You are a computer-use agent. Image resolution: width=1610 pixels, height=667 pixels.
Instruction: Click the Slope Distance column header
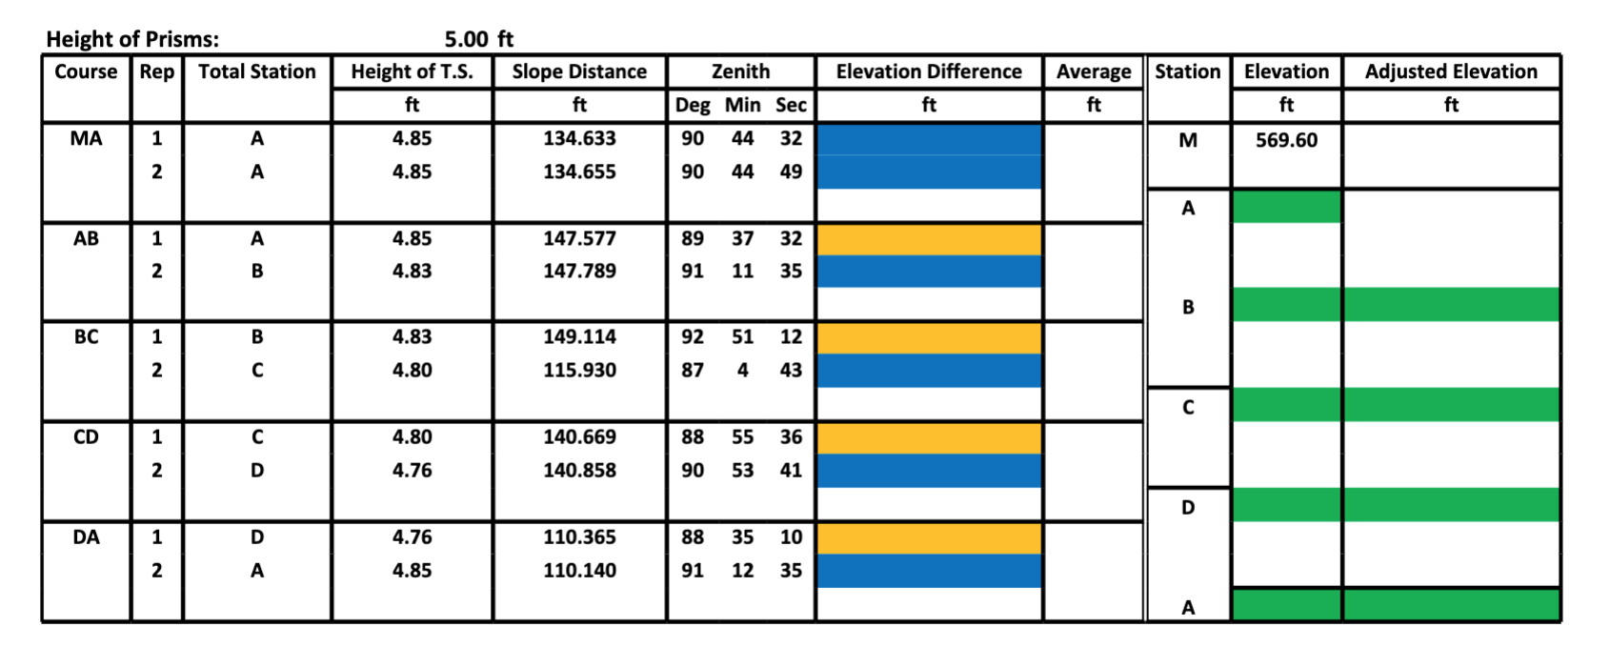579,72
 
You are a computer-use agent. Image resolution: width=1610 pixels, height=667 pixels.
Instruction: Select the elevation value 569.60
1286,140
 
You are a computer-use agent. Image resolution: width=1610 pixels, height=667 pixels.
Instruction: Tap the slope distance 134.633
579,138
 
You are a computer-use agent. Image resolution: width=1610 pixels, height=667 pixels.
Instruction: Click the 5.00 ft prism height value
478,39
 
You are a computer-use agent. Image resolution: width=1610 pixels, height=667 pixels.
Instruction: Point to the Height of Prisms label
132,39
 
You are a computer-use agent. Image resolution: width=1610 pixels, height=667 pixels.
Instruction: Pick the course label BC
86,337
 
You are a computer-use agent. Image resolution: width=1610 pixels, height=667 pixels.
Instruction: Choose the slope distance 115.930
579,370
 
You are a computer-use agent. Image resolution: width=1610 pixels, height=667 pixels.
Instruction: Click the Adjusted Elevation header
1450,72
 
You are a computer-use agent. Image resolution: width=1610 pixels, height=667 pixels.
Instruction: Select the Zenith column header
740,72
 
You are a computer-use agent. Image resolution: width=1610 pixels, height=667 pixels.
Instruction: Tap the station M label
1187,140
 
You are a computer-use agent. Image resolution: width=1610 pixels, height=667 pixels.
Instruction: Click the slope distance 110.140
579,570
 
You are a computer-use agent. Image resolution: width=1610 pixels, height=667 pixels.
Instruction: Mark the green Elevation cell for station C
1286,405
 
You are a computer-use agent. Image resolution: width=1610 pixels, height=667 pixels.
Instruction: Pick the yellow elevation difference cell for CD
929,437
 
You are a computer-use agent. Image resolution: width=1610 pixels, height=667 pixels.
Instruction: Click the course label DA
86,537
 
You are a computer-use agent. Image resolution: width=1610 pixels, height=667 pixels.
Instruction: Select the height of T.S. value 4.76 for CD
412,470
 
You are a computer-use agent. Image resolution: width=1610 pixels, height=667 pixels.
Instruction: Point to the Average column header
1093,72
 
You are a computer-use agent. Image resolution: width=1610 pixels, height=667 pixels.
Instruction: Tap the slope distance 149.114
579,337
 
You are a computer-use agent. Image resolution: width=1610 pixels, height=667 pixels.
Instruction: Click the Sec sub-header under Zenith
791,105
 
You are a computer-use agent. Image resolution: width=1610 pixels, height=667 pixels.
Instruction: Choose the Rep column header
156,72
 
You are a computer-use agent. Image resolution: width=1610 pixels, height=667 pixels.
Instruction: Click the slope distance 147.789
579,271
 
